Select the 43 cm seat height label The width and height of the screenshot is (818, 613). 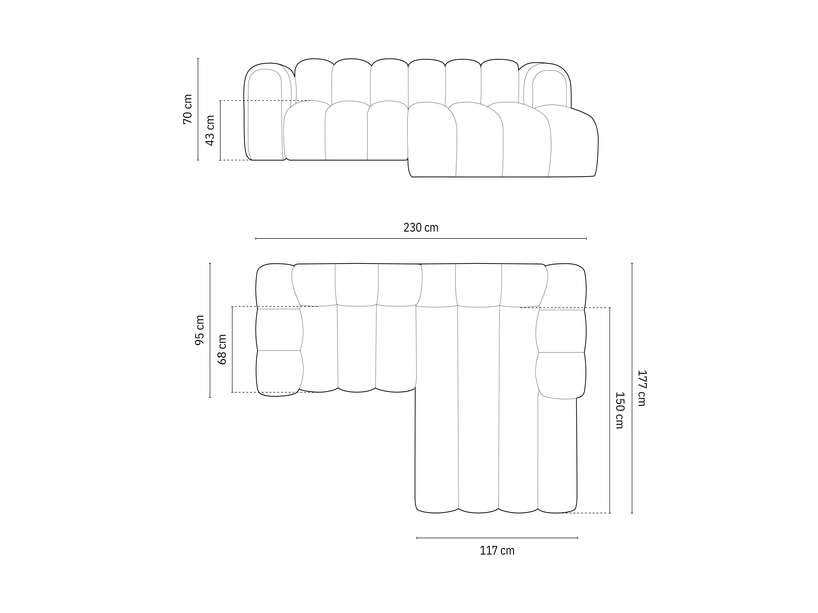tap(210, 130)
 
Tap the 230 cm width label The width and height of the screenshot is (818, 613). tap(421, 228)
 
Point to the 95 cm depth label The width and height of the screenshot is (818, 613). tap(200, 330)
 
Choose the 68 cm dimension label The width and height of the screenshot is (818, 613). tap(222, 350)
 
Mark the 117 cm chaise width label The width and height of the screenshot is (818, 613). tap(497, 550)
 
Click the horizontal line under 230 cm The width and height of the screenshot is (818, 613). tap(421, 239)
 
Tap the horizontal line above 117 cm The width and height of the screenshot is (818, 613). tap(497, 538)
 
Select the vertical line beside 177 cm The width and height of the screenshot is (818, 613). tap(632, 388)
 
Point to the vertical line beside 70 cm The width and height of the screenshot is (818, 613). tap(198, 109)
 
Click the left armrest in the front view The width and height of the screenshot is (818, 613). tap(264, 115)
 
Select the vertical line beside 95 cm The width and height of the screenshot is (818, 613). tap(210, 330)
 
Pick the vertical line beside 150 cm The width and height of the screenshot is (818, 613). tap(610, 410)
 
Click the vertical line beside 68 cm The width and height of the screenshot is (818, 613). tap(232, 350)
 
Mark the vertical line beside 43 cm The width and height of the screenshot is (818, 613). tap(220, 130)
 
